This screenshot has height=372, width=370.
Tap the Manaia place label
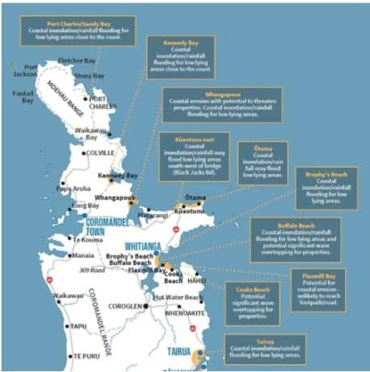82,256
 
